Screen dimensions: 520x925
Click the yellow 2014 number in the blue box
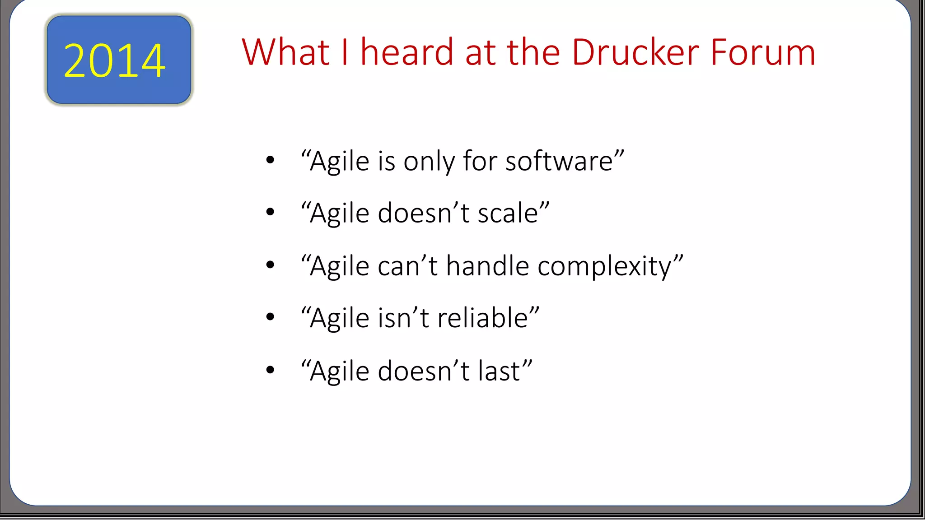click(115, 61)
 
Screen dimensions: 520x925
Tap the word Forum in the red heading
click(763, 53)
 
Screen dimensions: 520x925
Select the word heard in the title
click(407, 53)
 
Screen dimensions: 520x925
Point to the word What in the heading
click(285, 53)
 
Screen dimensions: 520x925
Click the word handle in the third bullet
click(487, 266)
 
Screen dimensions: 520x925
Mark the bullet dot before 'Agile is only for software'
click(270, 160)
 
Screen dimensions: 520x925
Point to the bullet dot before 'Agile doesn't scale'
click(270, 212)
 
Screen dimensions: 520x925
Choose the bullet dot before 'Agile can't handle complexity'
click(270, 265)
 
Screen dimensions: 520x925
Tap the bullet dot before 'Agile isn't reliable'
click(270, 317)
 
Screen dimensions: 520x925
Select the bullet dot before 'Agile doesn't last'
click(270, 370)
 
